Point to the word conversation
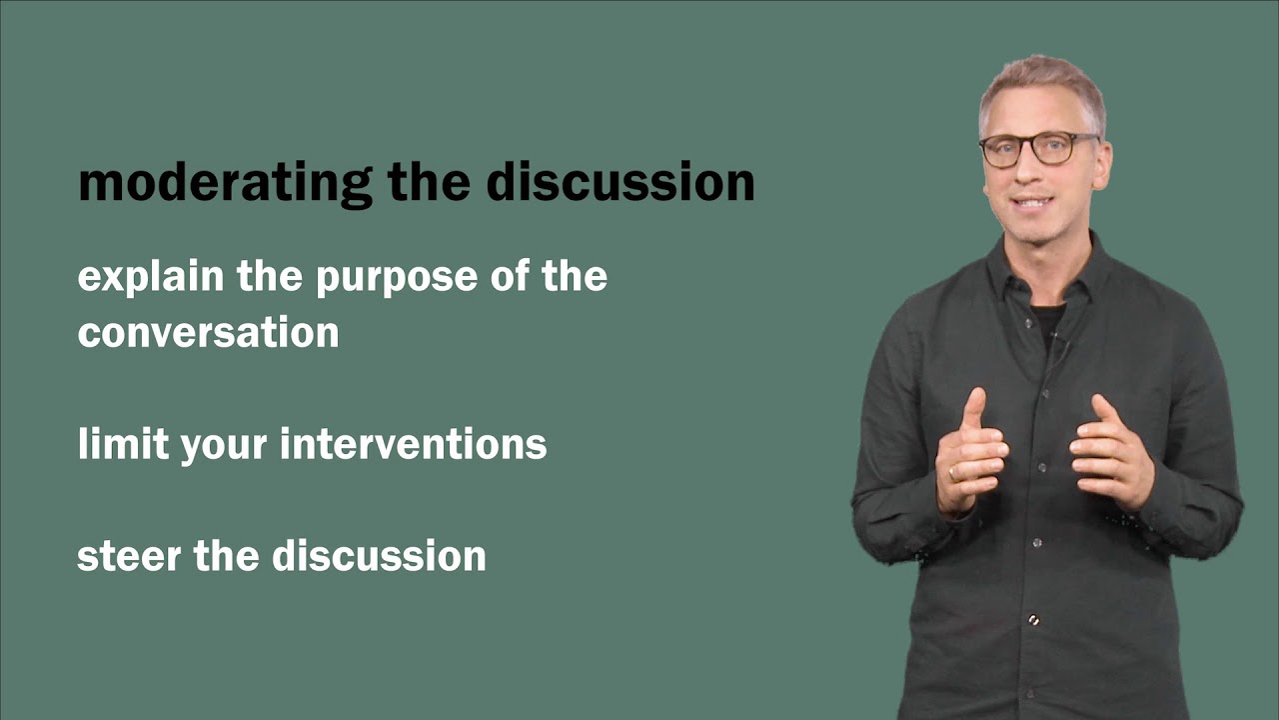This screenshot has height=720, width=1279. point(208,333)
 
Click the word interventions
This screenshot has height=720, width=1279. point(413,444)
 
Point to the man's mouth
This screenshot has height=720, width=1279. point(1035,202)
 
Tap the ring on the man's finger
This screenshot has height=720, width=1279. point(953,474)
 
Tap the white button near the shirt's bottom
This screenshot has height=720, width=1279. point(1033,621)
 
